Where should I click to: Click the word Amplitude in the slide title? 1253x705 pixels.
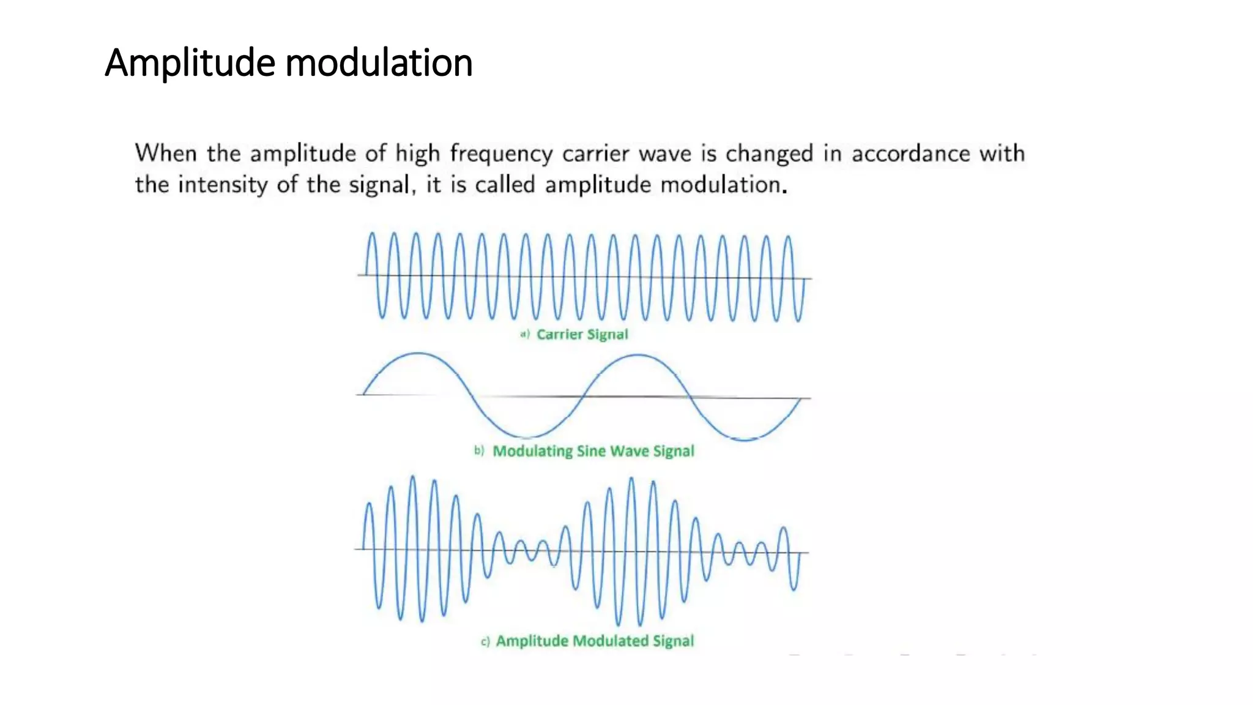[190, 63]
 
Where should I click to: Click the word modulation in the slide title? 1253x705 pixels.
[379, 63]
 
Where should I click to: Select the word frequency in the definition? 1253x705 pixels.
[501, 154]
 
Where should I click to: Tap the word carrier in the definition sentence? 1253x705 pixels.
[595, 154]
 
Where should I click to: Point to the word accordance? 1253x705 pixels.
[910, 154]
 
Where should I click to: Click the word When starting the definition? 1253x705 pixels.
[166, 153]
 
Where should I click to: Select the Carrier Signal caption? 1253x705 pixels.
[582, 334]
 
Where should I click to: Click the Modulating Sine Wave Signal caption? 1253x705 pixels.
[593, 451]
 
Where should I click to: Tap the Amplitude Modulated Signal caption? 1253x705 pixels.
[594, 641]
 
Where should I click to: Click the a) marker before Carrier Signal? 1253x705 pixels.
[524, 334]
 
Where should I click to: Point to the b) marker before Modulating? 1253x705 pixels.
[479, 451]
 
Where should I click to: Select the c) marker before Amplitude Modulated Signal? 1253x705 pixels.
[485, 641]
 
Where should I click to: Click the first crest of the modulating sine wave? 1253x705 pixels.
[418, 353]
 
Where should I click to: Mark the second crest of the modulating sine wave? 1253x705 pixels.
[638, 355]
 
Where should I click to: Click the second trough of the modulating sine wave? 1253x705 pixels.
[745, 439]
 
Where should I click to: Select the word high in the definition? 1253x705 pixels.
[417, 154]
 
